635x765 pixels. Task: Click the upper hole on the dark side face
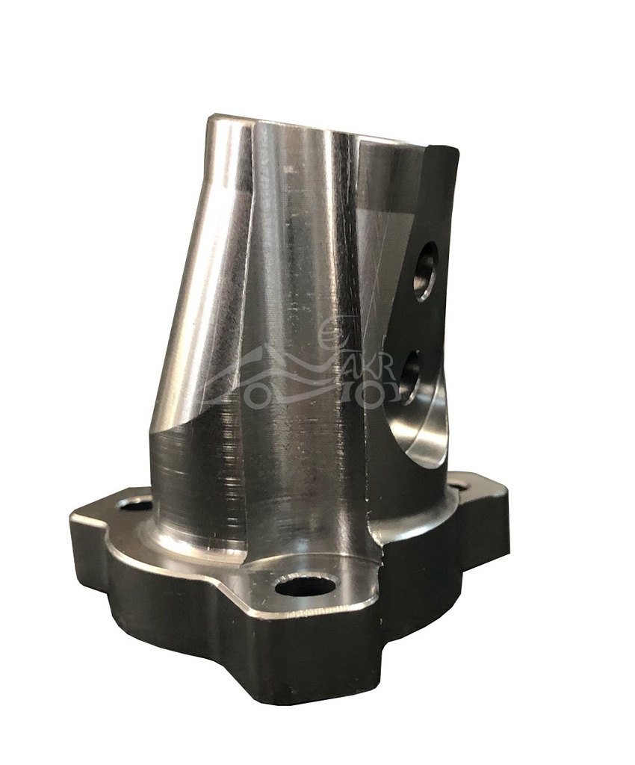427,270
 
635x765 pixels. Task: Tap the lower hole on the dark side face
412,377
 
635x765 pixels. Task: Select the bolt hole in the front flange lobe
305,585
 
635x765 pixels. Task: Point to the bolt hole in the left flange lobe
134,505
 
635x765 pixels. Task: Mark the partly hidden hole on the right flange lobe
457,486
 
